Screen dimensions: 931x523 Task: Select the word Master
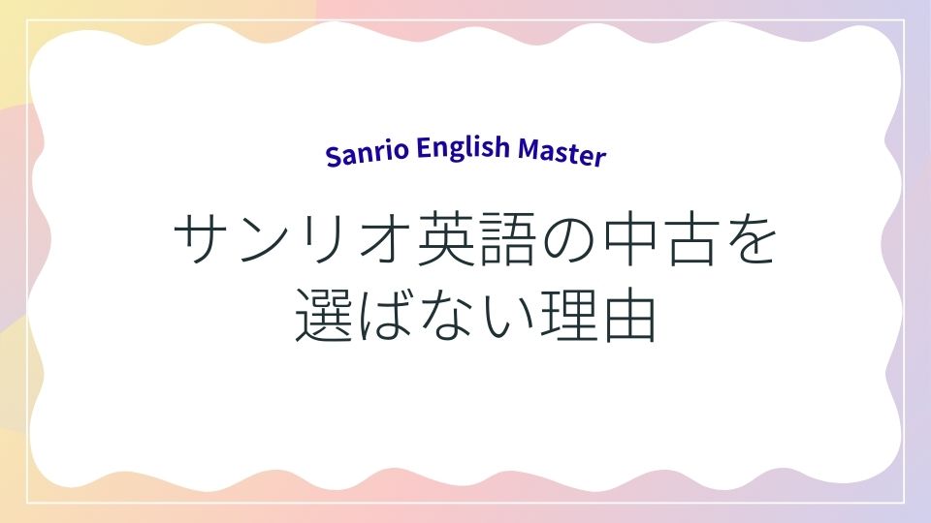[x=562, y=152]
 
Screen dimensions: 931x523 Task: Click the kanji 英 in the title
[x=446, y=238]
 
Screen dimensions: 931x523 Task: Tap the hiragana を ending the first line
[x=752, y=239]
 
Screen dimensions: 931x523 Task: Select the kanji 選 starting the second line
[x=324, y=315]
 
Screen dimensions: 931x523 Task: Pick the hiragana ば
[x=386, y=316]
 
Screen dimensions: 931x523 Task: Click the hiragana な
[x=446, y=316]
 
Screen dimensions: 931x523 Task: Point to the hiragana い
[x=508, y=317]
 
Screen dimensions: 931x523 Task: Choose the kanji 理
[x=569, y=316]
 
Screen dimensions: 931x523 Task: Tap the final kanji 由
[x=630, y=316]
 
